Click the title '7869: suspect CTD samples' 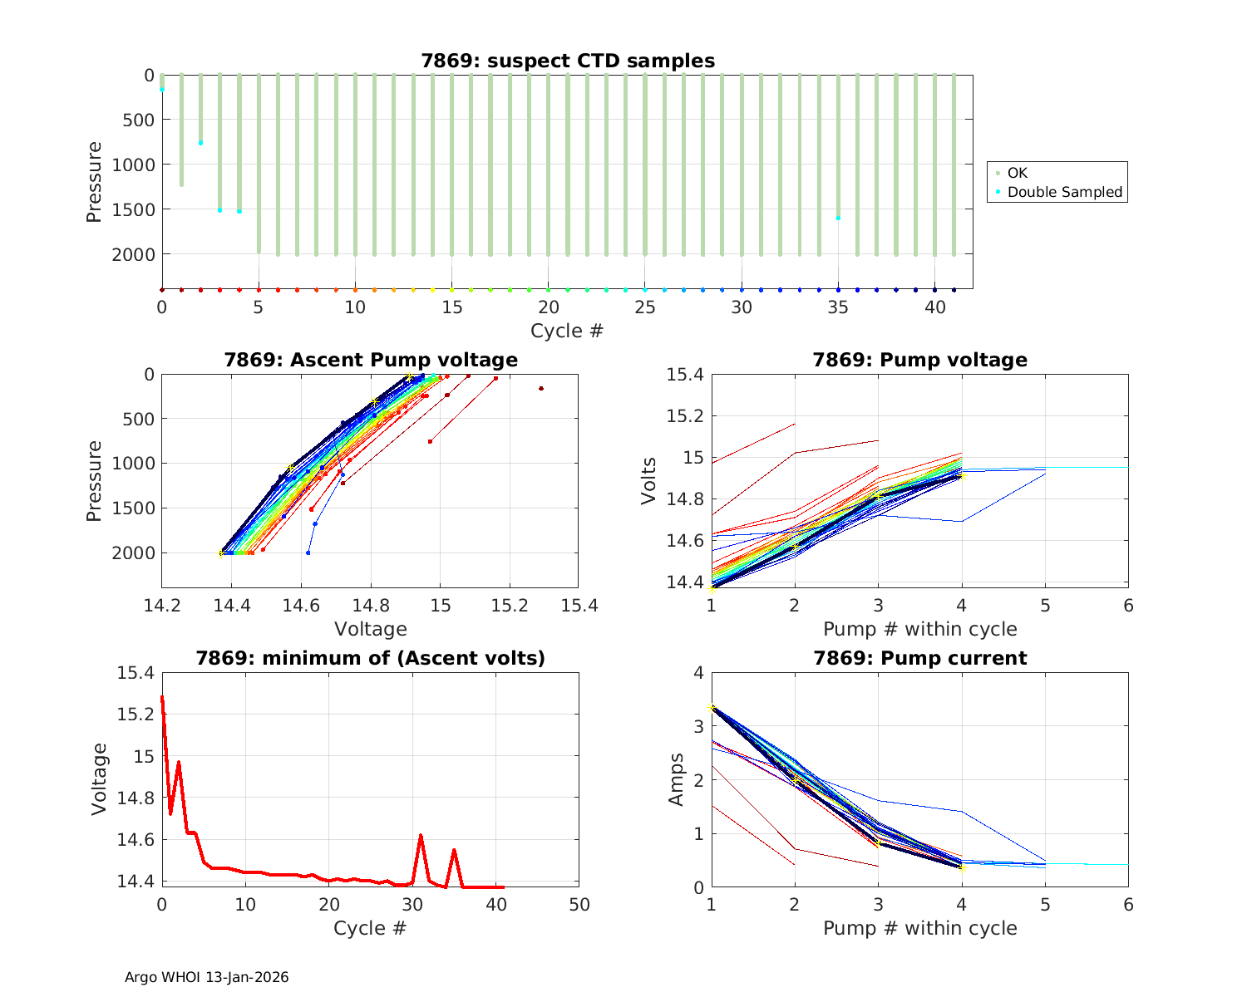click(x=568, y=61)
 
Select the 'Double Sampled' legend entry click(x=1064, y=192)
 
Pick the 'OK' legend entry click(x=1017, y=173)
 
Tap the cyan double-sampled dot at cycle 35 click(x=838, y=218)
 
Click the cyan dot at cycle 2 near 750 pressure click(x=200, y=143)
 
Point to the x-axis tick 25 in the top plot click(x=644, y=307)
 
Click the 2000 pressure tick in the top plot click(x=132, y=254)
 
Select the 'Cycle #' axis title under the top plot click(x=567, y=331)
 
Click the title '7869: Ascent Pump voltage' click(x=370, y=360)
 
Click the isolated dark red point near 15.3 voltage click(x=541, y=388)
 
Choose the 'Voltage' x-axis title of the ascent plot click(x=370, y=629)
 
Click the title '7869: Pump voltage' click(x=919, y=360)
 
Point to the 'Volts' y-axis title click(x=649, y=480)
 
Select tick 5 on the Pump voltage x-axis click(x=1045, y=606)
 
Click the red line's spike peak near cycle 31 click(x=421, y=836)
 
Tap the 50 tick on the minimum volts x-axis click(x=579, y=904)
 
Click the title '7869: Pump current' click(x=919, y=658)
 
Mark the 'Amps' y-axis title click(x=678, y=779)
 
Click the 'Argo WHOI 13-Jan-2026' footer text click(x=206, y=977)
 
